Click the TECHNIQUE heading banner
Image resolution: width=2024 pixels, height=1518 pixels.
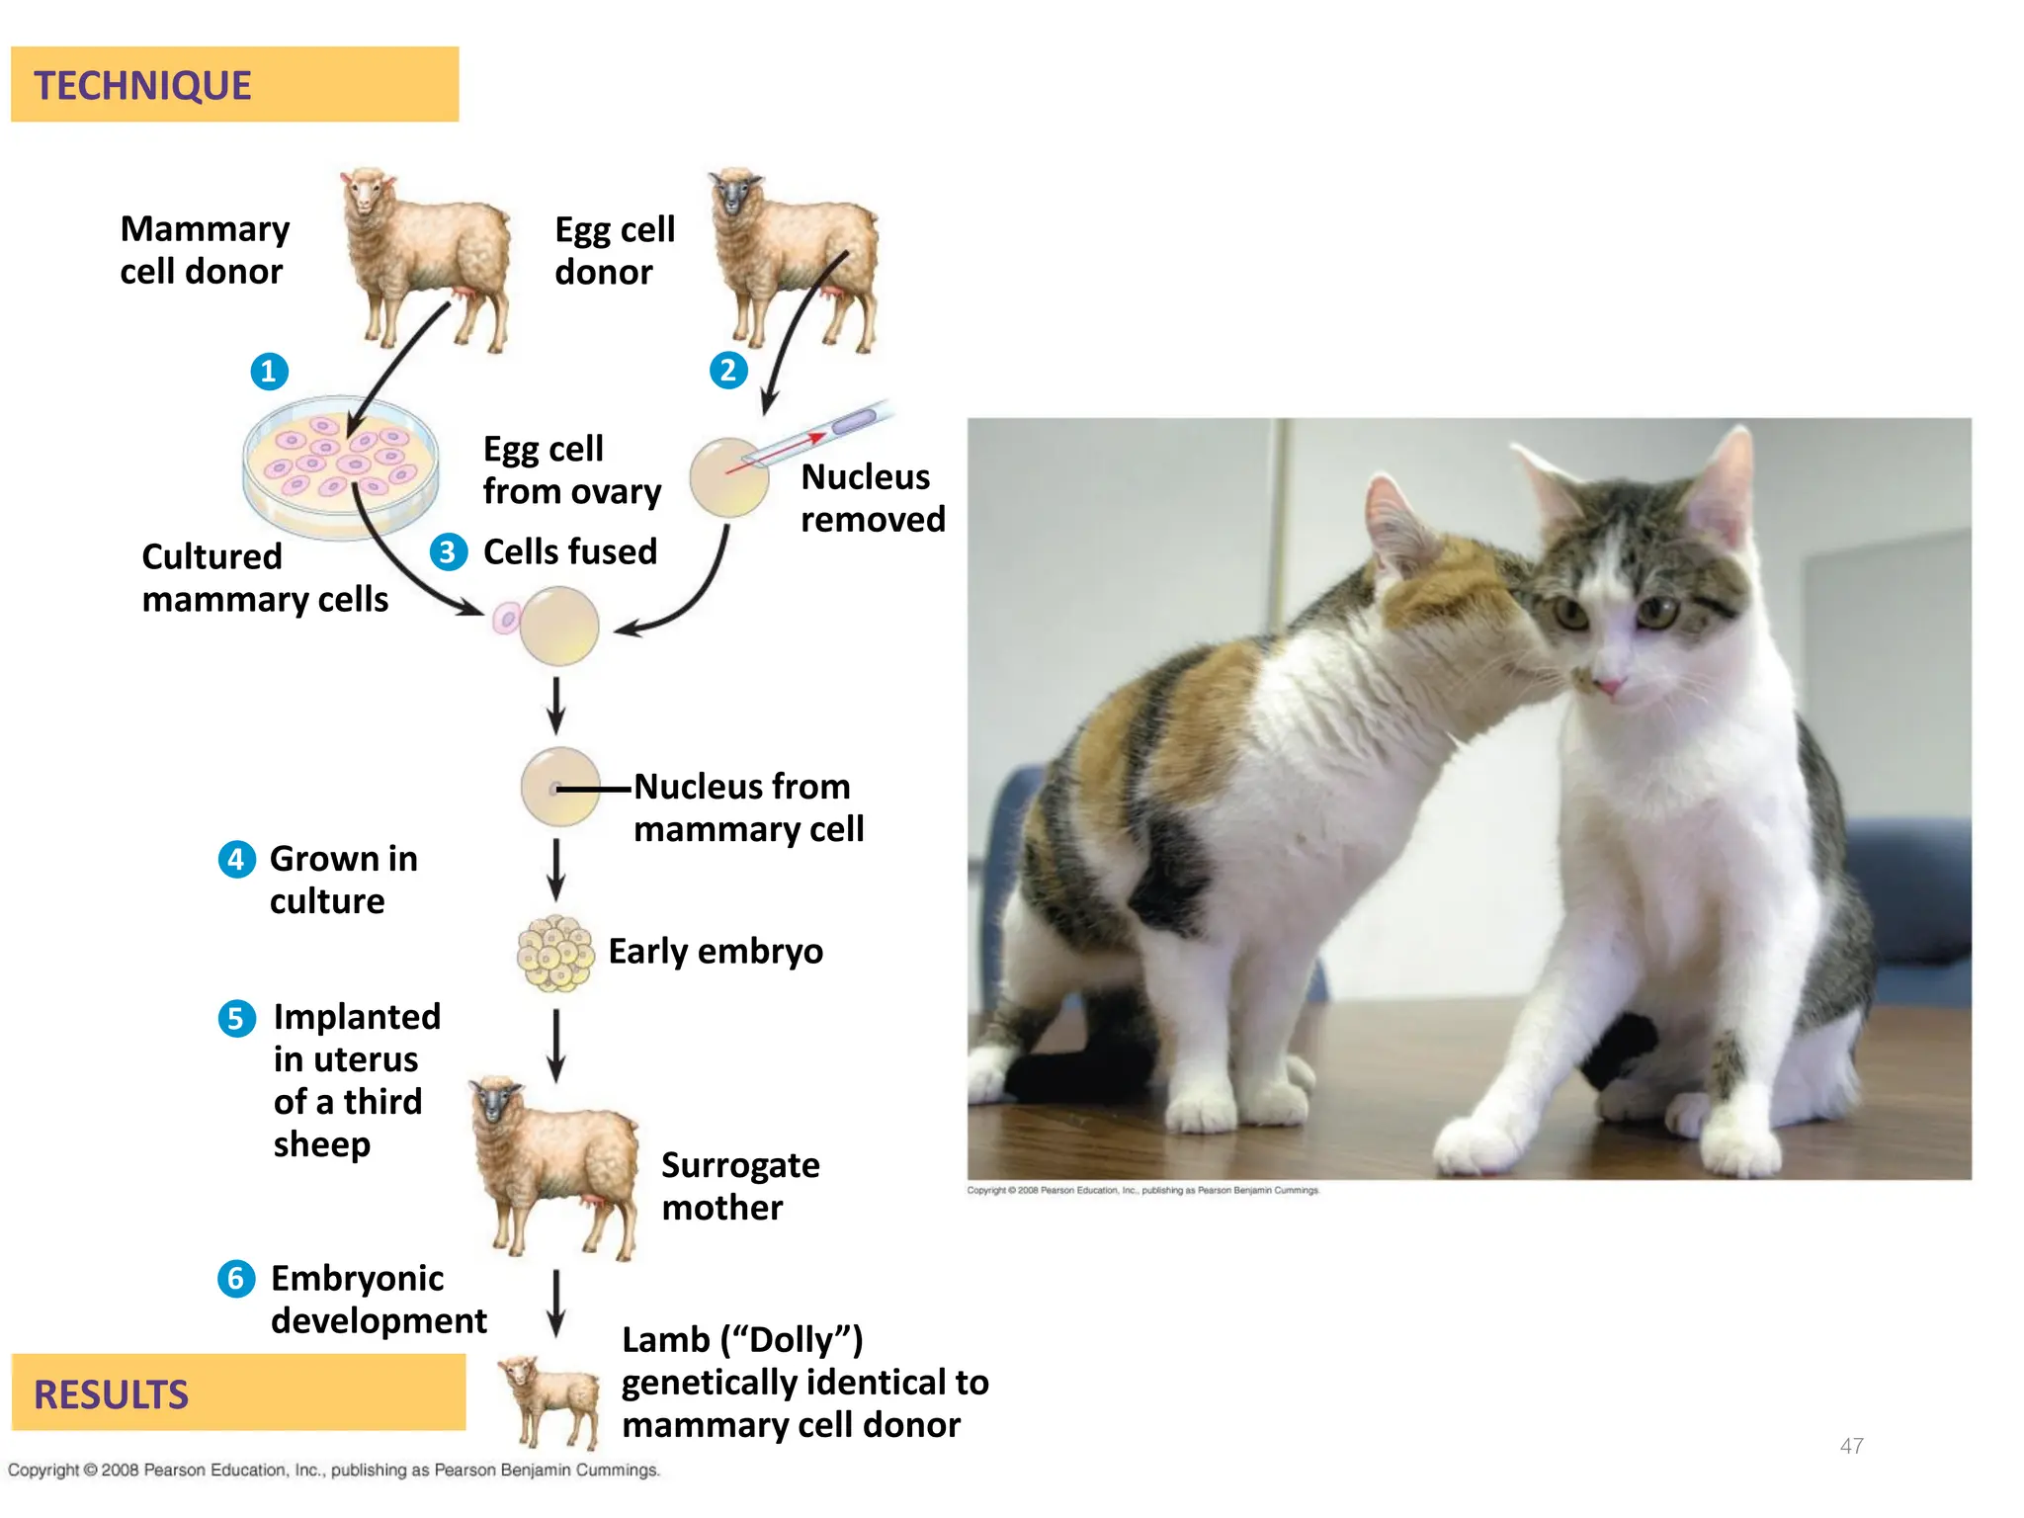[x=234, y=85]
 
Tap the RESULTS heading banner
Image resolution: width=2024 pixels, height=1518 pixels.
[x=237, y=1392]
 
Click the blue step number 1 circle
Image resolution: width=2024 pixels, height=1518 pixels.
[x=269, y=372]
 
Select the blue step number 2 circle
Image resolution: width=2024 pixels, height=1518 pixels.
[x=728, y=371]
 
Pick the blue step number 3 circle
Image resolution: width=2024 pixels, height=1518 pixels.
[x=449, y=551]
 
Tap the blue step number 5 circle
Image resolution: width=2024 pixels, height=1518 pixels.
[x=236, y=1018]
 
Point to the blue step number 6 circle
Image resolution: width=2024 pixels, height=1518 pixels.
[x=236, y=1279]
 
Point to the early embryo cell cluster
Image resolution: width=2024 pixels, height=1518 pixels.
[x=555, y=953]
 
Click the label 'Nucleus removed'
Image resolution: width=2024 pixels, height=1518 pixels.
[x=873, y=498]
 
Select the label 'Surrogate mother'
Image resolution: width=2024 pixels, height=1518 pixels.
[x=740, y=1186]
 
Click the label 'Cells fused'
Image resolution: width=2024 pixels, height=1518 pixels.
[x=570, y=551]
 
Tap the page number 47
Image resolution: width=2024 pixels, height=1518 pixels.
[x=1851, y=1446]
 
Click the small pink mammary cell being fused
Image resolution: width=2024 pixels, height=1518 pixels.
[x=506, y=620]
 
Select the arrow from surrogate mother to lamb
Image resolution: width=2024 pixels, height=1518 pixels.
[x=556, y=1303]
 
